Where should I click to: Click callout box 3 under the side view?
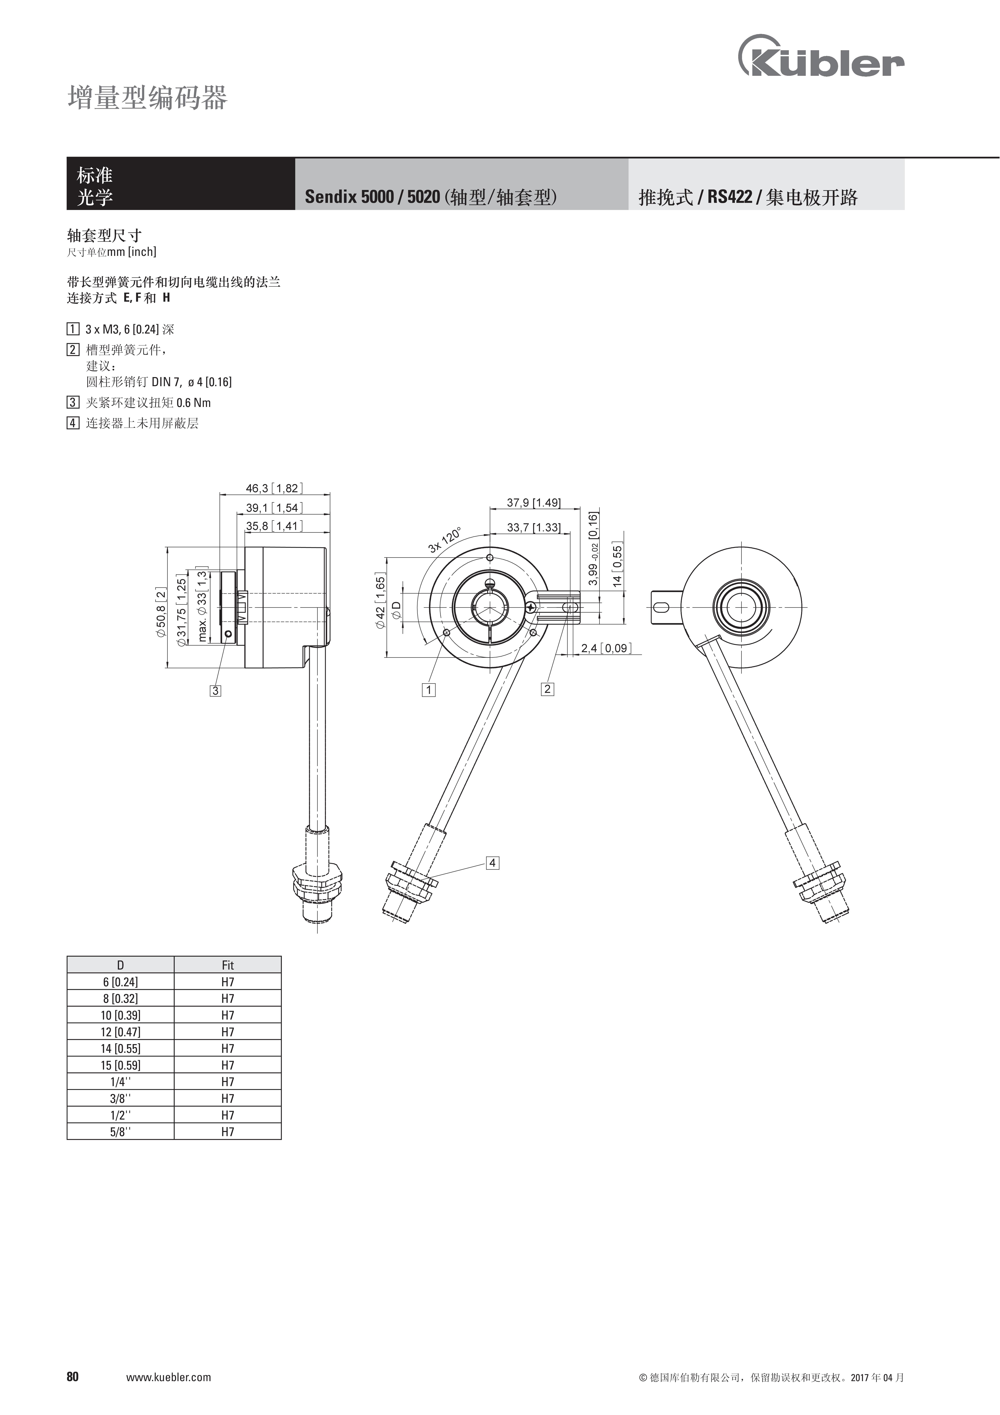coord(215,691)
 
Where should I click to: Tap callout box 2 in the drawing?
coord(547,689)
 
